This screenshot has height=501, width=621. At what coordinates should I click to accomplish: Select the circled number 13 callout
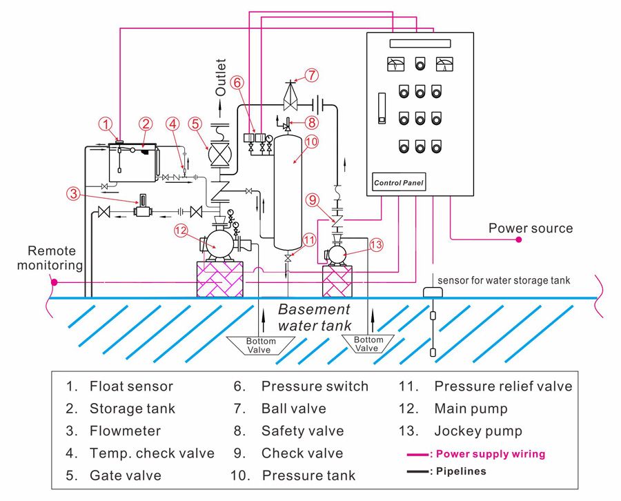[375, 244]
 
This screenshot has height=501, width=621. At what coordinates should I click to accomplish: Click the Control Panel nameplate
[399, 183]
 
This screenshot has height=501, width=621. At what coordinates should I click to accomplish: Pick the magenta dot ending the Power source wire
[518, 239]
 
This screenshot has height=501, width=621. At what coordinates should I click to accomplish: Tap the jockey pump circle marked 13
[338, 255]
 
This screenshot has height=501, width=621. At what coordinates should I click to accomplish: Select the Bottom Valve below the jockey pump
[368, 344]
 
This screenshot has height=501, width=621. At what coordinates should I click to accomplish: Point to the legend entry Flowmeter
[125, 431]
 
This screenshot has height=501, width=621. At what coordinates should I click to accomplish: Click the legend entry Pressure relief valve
[503, 386]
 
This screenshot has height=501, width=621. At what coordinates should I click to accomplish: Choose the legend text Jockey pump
[471, 431]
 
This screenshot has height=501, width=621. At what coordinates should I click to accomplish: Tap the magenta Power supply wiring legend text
[490, 454]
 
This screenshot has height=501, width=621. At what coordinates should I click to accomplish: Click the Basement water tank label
[314, 317]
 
